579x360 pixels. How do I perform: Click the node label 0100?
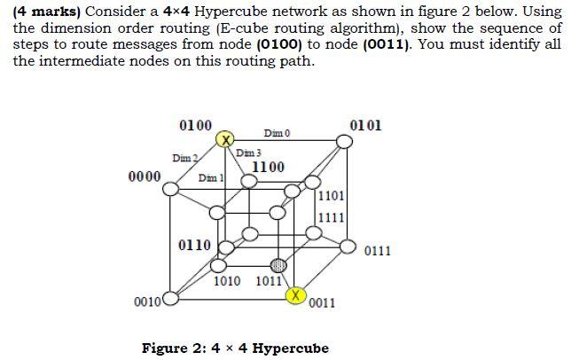[195, 125]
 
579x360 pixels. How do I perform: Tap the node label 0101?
[366, 124]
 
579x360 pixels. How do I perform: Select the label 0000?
[145, 176]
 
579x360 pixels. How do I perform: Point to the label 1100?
[269, 167]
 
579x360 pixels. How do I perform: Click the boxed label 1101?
[332, 196]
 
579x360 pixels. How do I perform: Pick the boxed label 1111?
[332, 216]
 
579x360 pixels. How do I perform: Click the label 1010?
[229, 282]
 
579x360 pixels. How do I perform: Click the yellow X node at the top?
[226, 140]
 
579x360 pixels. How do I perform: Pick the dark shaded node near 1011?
[278, 264]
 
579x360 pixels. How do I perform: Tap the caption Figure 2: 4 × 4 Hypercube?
[235, 348]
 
